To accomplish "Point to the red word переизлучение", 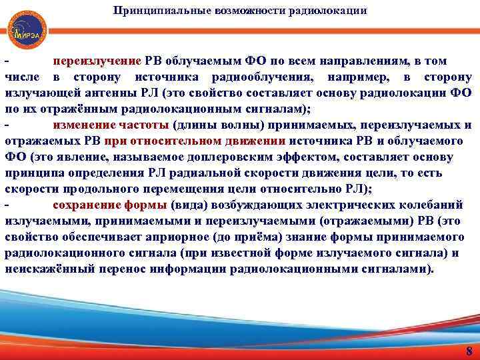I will pos(97,61).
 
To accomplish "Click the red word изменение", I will pos(83,125).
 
